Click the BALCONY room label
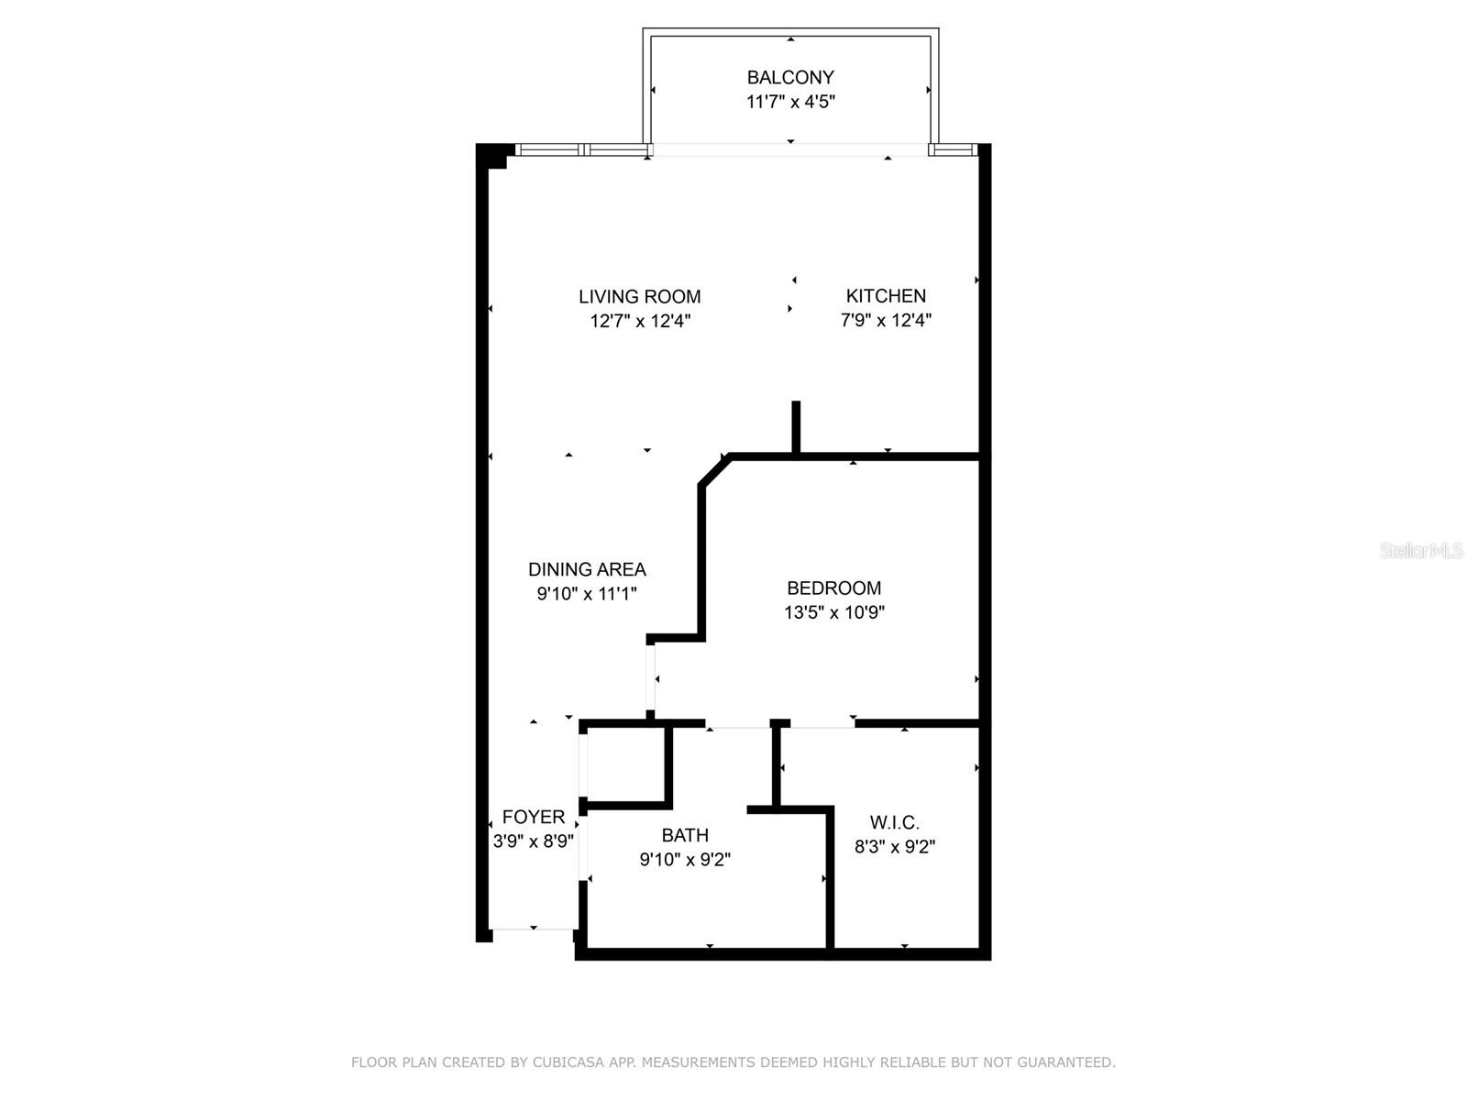[789, 78]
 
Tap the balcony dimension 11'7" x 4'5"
[789, 102]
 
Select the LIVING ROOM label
[639, 297]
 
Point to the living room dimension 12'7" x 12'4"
[639, 321]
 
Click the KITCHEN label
[886, 296]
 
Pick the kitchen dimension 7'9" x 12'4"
[886, 320]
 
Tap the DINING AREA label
[587, 569]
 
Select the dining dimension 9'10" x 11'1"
[587, 594]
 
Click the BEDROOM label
[833, 588]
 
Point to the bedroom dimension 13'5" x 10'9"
[833, 612]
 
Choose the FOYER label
[534, 817]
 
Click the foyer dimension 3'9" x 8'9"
[534, 841]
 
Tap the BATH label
[685, 835]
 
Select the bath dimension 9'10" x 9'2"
[685, 860]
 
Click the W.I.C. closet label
[894, 822]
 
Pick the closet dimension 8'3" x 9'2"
[894, 847]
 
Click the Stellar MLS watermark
[1420, 550]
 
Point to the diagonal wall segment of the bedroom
[715, 470]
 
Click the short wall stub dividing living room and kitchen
[796, 426]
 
